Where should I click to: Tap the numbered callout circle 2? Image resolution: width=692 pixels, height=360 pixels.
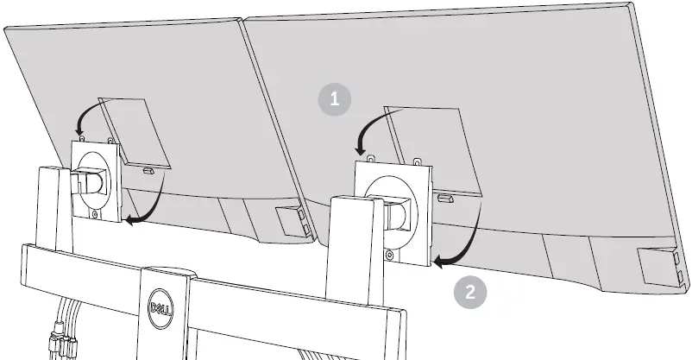(x=469, y=291)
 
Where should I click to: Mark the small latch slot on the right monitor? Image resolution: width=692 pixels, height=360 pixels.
(x=444, y=199)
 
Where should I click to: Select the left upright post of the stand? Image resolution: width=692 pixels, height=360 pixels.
(x=48, y=207)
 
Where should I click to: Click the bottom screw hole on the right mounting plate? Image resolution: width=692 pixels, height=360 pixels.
(x=391, y=254)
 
